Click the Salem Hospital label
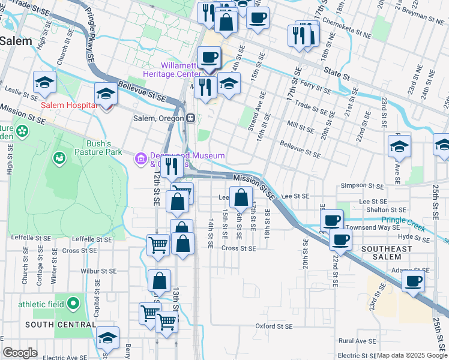click(68, 106)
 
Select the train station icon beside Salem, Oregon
click(190, 118)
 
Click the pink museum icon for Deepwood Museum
click(140, 158)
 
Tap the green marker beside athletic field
click(74, 303)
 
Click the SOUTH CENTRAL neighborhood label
click(61, 325)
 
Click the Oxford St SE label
click(273, 326)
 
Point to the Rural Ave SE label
click(358, 340)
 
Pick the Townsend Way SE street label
click(373, 228)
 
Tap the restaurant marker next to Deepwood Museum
click(172, 166)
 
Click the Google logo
click(20, 353)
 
